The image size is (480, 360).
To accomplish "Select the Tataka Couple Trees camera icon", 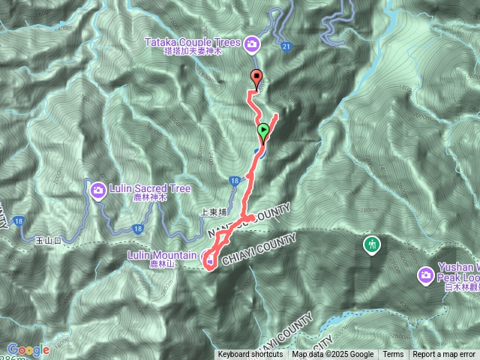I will click(x=252, y=44).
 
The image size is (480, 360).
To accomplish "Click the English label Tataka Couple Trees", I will click(x=198, y=41).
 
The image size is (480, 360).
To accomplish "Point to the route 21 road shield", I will click(x=286, y=46).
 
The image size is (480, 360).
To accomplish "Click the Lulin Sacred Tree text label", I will click(x=148, y=189).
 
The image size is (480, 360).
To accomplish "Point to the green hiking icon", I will click(x=370, y=244).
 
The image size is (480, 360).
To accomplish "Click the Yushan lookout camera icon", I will click(x=425, y=276).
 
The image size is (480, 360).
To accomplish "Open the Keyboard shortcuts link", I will click(x=251, y=355).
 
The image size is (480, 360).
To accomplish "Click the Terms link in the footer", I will click(x=393, y=355).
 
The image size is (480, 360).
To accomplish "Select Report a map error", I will click(x=444, y=355).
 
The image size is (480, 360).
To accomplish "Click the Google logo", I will click(x=28, y=350).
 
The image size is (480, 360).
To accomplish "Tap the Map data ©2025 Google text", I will click(x=333, y=355).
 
